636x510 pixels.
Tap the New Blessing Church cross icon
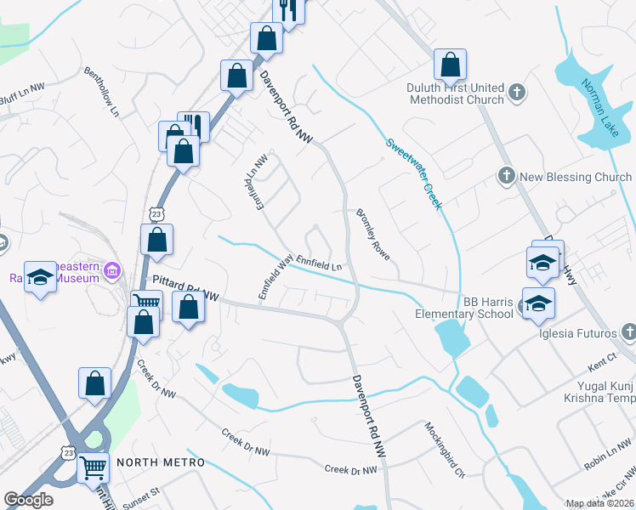tap(506, 176)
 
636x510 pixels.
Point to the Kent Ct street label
tap(601, 364)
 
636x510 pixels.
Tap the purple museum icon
tap(111, 272)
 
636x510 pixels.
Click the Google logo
tap(28, 500)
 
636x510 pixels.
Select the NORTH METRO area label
tap(161, 462)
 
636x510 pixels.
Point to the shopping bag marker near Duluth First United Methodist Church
tap(450, 65)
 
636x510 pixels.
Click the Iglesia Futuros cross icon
tap(627, 331)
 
